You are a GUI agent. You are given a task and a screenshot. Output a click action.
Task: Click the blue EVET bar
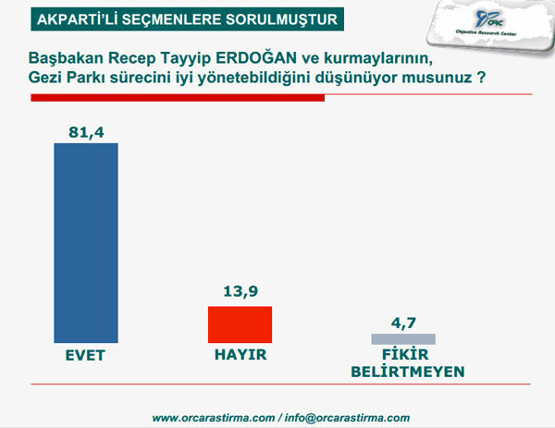(x=87, y=242)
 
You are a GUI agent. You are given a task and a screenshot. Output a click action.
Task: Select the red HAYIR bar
(x=239, y=324)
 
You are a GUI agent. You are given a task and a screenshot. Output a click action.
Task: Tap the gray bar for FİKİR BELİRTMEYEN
(x=403, y=338)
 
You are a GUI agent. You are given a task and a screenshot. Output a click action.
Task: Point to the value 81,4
(x=87, y=132)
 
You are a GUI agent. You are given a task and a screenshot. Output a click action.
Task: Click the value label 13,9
(x=239, y=292)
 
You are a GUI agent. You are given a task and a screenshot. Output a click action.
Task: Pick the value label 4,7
(x=404, y=323)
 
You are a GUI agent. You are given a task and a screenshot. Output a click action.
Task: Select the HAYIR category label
(x=239, y=354)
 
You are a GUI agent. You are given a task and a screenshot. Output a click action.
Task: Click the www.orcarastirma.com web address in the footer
(x=211, y=418)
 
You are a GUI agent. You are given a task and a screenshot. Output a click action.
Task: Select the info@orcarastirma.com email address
(x=347, y=418)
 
